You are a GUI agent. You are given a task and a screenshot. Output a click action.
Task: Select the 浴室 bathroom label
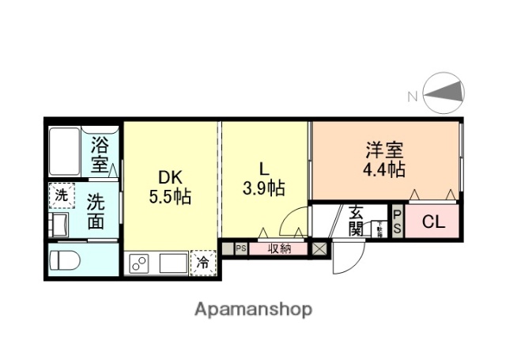click(100, 154)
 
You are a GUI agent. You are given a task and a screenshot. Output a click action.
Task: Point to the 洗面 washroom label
click(96, 211)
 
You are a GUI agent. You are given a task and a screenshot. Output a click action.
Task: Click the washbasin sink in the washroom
click(59, 222)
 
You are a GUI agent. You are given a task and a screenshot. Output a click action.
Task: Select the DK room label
click(168, 176)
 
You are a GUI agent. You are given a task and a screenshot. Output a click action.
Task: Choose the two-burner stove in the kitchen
click(139, 263)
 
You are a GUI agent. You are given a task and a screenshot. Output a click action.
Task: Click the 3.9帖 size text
click(263, 188)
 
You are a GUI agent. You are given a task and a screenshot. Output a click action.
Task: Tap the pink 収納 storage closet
click(278, 248)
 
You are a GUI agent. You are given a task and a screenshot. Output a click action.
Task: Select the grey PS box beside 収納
click(240, 248)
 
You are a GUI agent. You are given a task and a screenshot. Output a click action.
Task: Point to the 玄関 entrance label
click(355, 222)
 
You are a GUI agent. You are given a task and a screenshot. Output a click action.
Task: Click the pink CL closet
click(432, 222)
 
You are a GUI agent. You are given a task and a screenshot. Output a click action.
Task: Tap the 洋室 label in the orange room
click(384, 149)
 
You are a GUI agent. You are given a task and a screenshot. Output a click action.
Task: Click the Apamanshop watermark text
click(253, 309)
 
